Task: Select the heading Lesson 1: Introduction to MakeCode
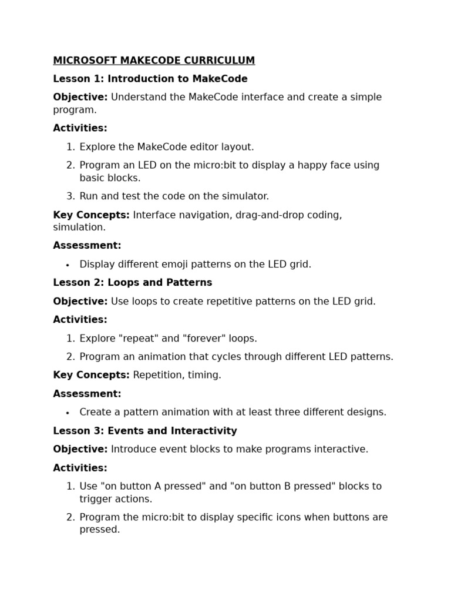click(150, 79)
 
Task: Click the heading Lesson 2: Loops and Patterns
click(133, 283)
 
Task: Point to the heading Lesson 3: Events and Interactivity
click(145, 431)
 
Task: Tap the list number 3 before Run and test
click(70, 196)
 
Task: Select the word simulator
click(245, 196)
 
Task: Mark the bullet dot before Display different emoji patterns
click(68, 265)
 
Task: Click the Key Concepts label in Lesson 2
click(91, 375)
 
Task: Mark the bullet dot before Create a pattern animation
click(68, 413)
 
